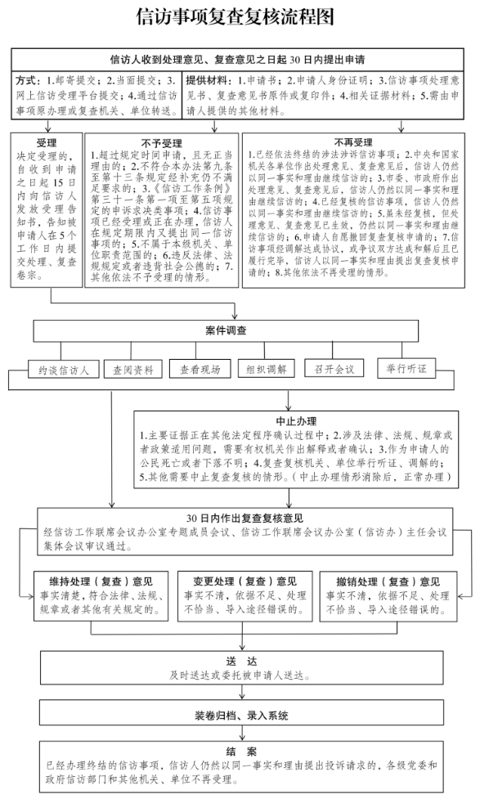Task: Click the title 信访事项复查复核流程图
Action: pyautogui.click(x=240, y=18)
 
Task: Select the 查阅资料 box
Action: pyautogui.click(x=132, y=368)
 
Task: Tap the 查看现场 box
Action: pyautogui.click(x=200, y=368)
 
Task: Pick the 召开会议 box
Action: pyautogui.click(x=334, y=368)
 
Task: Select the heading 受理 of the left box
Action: pyautogui.click(x=47, y=141)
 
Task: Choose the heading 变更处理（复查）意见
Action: pyautogui.click(x=240, y=581)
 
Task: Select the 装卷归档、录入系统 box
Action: pyautogui.click(x=241, y=715)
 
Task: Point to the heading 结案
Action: pyautogui.click(x=241, y=751)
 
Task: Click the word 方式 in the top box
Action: pyautogui.click(x=28, y=81)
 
